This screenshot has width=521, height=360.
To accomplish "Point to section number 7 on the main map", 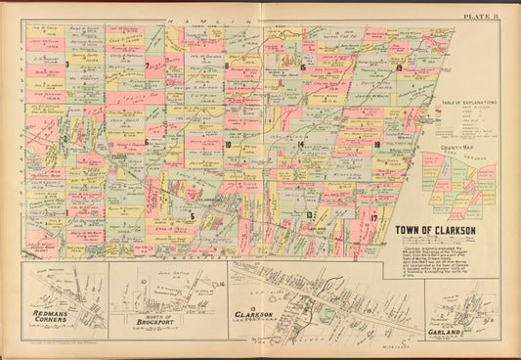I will point(146,66).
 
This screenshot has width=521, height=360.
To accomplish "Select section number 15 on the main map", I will point(304,67).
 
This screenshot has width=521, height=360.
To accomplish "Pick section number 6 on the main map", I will point(146,141).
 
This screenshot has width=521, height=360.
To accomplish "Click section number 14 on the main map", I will point(302,144).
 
